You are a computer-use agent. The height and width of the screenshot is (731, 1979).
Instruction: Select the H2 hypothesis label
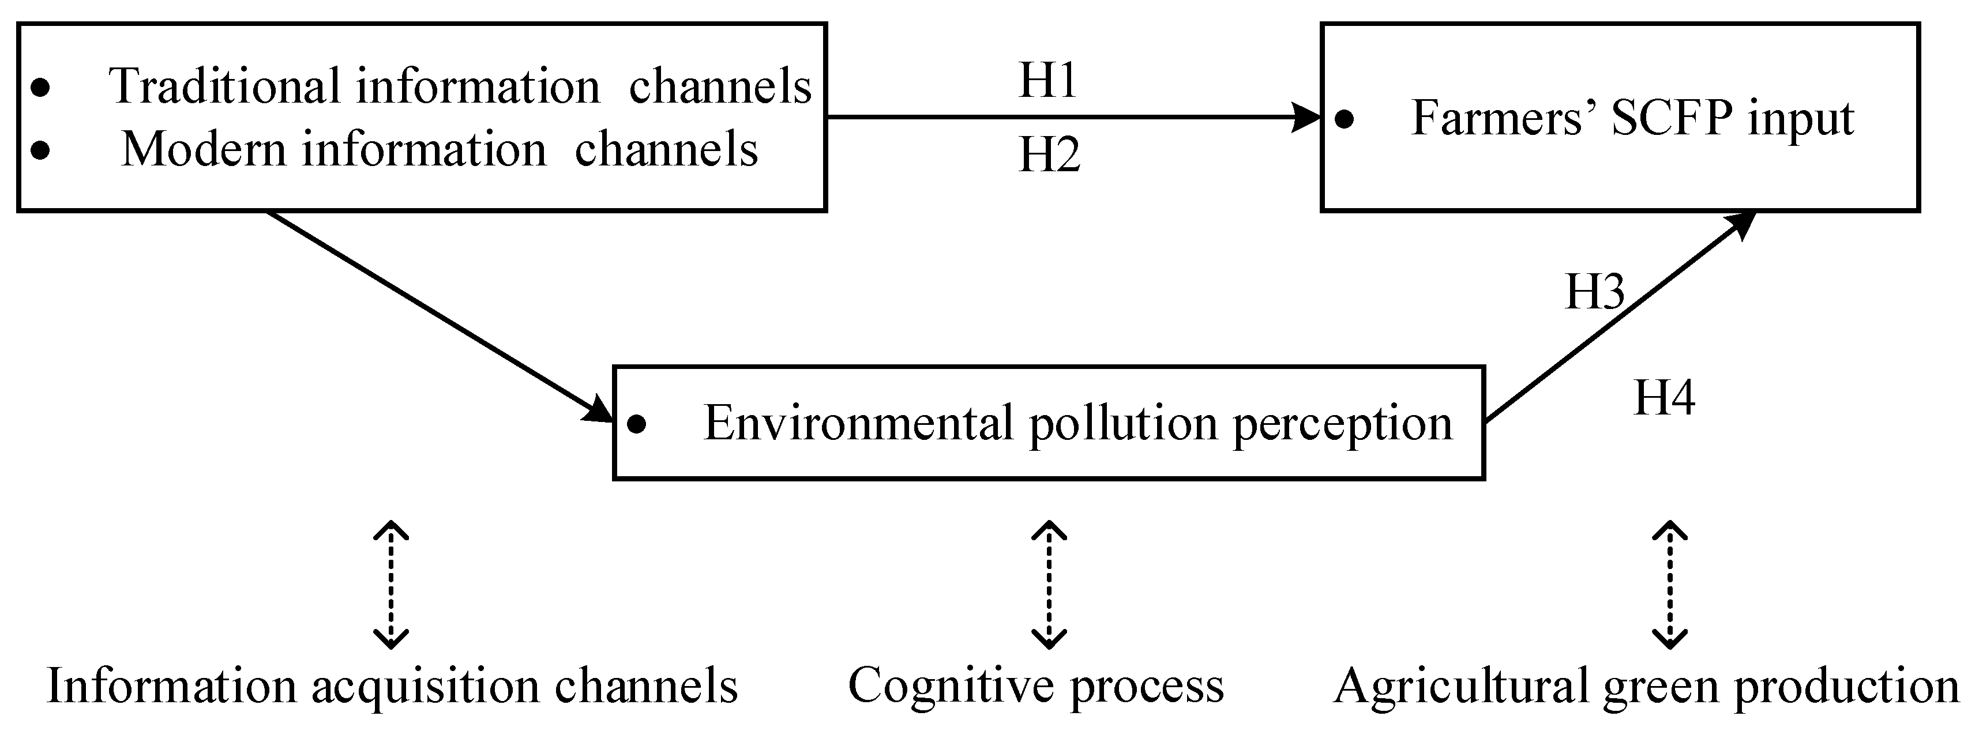click(x=1049, y=155)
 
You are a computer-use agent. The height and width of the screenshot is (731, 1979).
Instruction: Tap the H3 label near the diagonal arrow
click(x=1595, y=292)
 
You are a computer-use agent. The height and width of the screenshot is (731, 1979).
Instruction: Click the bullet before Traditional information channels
click(x=41, y=88)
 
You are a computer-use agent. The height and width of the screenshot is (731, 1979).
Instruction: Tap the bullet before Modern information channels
click(x=41, y=150)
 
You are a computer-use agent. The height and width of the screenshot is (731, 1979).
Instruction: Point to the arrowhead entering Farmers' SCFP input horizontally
click(x=1306, y=118)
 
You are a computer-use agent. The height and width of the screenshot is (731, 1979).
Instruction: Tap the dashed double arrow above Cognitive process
click(x=1049, y=585)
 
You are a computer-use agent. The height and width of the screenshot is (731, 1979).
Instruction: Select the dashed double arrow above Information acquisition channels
click(x=390, y=585)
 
